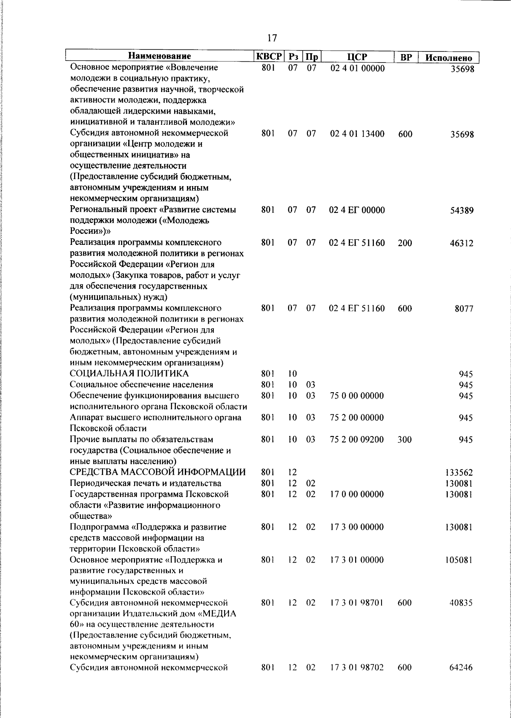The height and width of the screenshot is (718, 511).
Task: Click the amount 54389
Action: [x=462, y=210]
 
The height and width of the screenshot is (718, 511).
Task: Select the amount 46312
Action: [x=462, y=244]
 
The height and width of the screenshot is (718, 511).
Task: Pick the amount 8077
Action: [x=464, y=309]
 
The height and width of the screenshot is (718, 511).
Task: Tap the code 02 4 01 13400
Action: [x=357, y=134]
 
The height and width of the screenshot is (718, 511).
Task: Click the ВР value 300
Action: [x=405, y=439]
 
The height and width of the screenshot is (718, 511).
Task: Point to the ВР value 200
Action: [x=405, y=243]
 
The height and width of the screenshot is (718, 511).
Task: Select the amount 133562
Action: [x=459, y=473]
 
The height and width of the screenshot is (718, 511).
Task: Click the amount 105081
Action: [x=459, y=560]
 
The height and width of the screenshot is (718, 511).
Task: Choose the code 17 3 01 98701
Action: [x=357, y=603]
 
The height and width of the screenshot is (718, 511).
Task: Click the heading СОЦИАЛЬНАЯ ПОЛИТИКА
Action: [x=129, y=374]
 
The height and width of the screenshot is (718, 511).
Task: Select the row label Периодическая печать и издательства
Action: [x=146, y=483]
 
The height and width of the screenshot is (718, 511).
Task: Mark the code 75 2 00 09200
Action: [x=357, y=439]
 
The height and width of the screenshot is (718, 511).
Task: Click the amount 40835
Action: [x=461, y=603]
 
